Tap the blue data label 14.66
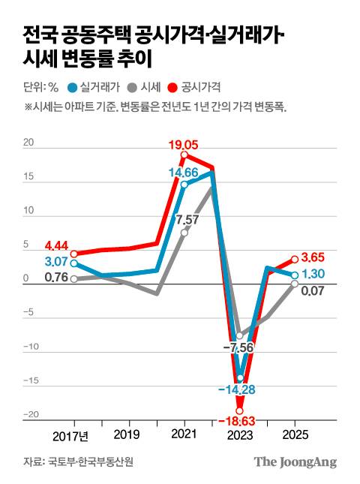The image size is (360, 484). tap(184, 173)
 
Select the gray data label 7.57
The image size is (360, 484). tap(187, 219)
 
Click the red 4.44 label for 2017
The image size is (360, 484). tap(57, 245)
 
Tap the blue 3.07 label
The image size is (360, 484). tap(57, 262)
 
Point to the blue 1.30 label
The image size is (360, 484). tap(315, 275)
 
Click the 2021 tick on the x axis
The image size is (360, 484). tap(184, 434)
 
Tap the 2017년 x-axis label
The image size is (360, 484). tap(70, 434)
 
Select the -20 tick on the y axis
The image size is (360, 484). tap(30, 416)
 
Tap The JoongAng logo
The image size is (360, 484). tap(294, 461)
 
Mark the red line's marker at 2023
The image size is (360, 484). tap(240, 410)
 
